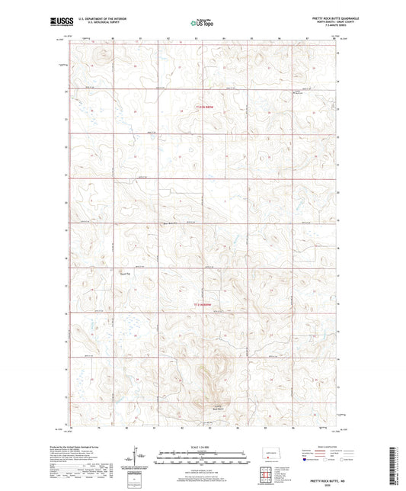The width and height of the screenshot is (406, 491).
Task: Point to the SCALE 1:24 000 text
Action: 203,447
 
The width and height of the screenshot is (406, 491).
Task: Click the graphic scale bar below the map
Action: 203,457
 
